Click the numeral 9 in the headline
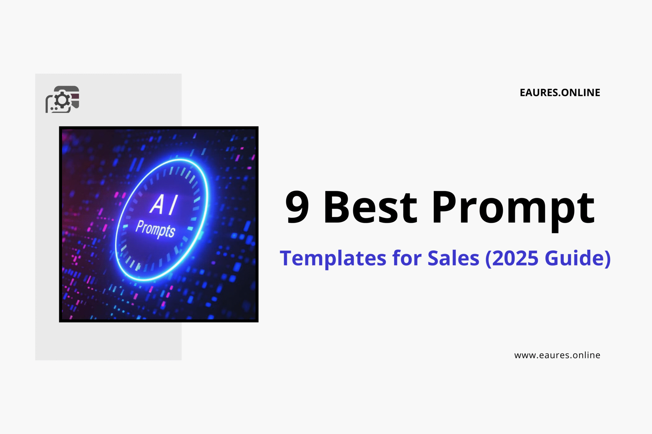pos(297,207)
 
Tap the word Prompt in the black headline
pos(513,209)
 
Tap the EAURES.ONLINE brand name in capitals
pos(560,93)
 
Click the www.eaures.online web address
pos(557,355)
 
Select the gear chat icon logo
pos(62,99)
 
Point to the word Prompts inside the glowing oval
pos(155,229)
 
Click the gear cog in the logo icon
pos(62,100)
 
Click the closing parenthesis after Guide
pos(607,259)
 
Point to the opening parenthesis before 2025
pos(488,259)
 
